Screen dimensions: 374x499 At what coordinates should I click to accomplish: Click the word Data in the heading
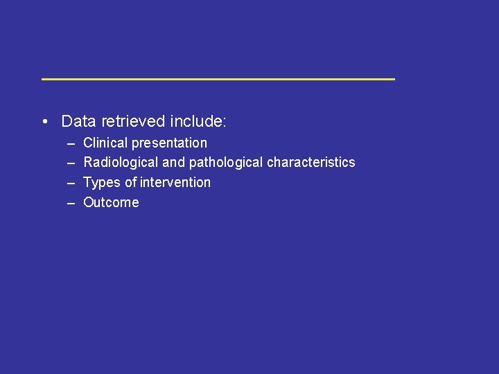(79, 122)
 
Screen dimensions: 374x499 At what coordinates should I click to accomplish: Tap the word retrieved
(133, 122)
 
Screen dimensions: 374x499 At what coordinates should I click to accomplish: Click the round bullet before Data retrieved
(44, 123)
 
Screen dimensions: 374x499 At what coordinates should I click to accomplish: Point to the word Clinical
(105, 143)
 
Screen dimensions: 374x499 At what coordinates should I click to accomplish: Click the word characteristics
(311, 163)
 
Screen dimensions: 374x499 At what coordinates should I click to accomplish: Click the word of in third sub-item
(130, 183)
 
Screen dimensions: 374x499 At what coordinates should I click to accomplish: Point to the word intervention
(175, 183)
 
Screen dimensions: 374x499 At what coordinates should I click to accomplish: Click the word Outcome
(111, 203)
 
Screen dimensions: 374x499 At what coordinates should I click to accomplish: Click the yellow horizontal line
(218, 79)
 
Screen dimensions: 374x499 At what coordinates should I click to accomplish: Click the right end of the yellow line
(392, 79)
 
